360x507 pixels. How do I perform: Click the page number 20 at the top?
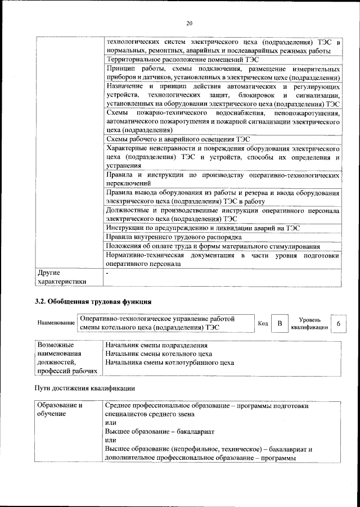[188, 23]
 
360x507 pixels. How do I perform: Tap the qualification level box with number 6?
[338, 324]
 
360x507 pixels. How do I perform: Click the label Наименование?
[56, 324]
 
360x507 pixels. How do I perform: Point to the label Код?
[263, 324]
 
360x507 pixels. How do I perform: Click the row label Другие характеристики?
[62, 277]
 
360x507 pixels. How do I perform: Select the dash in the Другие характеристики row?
[107, 273]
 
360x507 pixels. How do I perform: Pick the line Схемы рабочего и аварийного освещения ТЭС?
[177, 139]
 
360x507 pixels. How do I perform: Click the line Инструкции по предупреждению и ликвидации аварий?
[202, 228]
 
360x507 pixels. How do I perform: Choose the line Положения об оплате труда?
[213, 246]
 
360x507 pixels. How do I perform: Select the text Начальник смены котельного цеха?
[158, 354]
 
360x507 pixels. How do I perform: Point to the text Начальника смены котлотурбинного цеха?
[169, 363]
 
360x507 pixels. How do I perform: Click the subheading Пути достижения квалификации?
[85, 388]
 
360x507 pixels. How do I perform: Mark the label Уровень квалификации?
[309, 324]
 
